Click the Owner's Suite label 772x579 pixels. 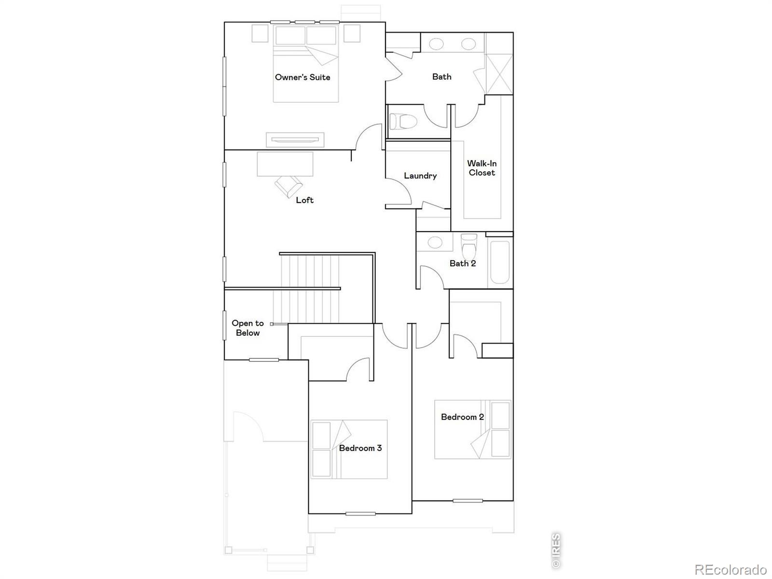(303, 77)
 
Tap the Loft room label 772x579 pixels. (304, 200)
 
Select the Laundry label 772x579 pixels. (420, 176)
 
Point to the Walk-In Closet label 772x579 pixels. (482, 168)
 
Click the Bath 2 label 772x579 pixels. (463, 263)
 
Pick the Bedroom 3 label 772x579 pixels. (360, 448)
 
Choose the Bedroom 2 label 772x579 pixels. (463, 417)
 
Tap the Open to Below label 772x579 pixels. (248, 328)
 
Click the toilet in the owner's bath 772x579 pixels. (403, 122)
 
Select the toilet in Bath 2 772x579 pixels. (469, 246)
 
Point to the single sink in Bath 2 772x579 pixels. (435, 242)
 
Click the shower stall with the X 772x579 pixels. (499, 74)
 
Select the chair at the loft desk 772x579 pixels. (289, 186)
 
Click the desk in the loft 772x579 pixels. (285, 164)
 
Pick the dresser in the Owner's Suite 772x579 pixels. (295, 139)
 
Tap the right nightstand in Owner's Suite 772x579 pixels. (352, 33)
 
